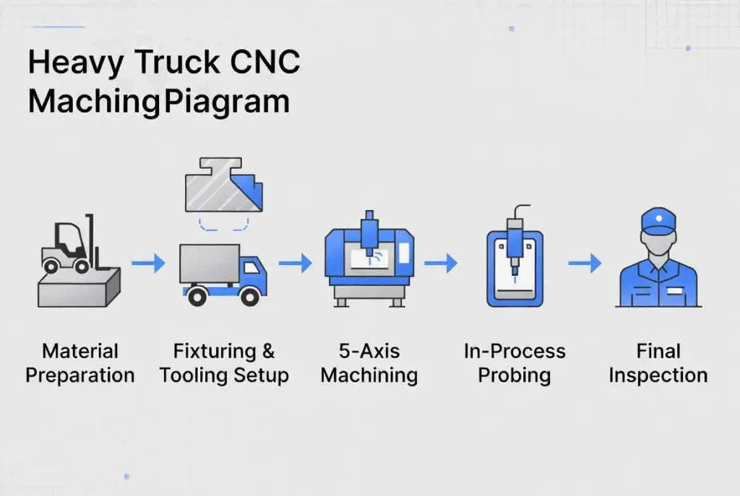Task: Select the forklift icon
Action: coord(68,245)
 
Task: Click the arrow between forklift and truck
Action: coord(148,264)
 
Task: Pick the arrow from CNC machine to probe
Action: coord(440,264)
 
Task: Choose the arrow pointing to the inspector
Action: coord(585,264)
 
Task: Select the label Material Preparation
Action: coord(79,363)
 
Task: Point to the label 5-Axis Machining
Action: coord(369,363)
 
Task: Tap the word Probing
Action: coord(515,376)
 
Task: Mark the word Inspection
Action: coord(658,376)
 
